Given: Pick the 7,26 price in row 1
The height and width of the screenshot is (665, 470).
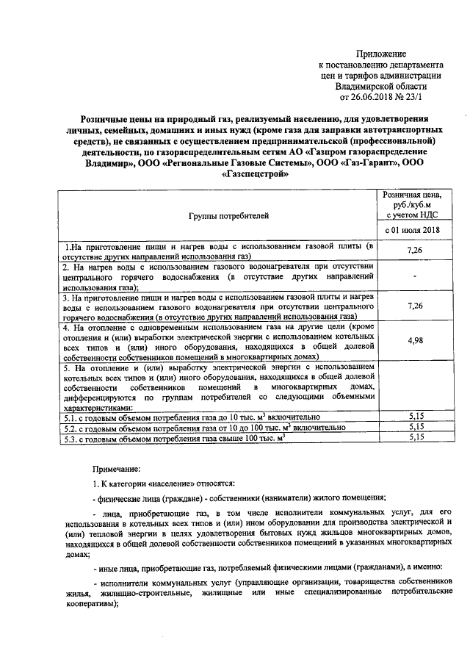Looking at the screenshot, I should pos(412,251).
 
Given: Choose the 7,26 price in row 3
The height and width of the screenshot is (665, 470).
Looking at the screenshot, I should pos(412,304).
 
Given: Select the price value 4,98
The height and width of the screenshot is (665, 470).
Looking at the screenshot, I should pos(412,339).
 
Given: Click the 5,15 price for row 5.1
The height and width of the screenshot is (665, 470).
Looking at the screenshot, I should pos(416,416).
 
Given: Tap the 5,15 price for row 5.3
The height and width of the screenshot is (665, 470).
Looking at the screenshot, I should pos(416,438).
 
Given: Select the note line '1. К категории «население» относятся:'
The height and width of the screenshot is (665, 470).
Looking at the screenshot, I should pos(162,484).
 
